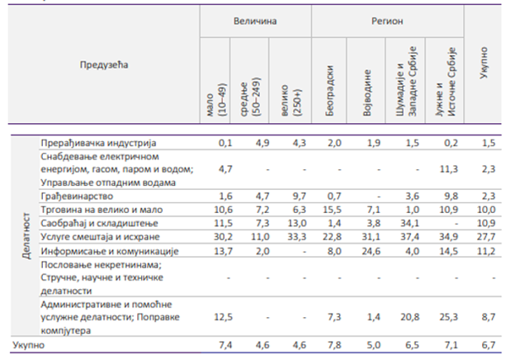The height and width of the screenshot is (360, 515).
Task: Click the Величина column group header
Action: coord(254,19)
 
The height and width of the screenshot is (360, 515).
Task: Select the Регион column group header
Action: coord(387,19)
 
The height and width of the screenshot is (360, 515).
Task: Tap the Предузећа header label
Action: coord(105,64)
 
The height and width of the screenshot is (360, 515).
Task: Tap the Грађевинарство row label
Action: coord(79,197)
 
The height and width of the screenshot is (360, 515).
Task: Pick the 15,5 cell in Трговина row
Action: coord(330,210)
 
